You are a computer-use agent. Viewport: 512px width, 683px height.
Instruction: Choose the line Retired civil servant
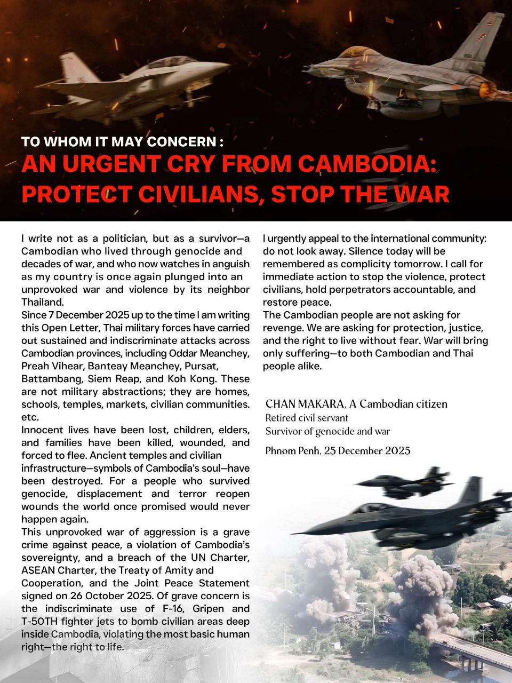point(307,418)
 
